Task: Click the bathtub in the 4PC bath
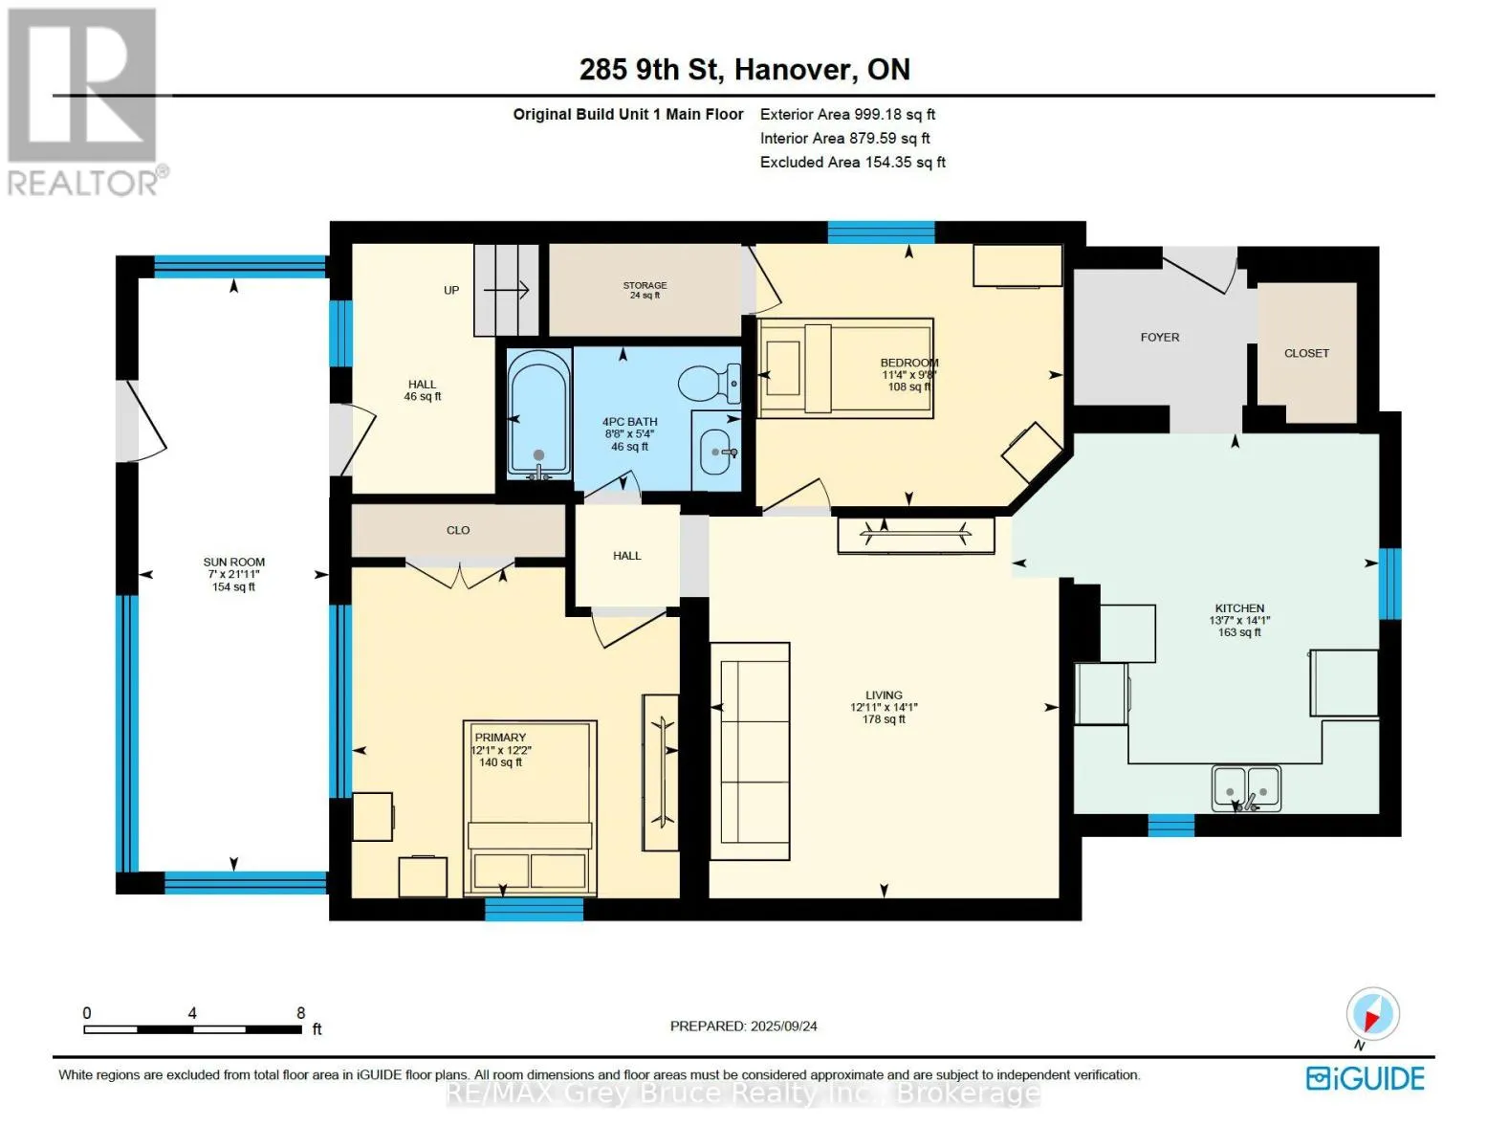pos(538,413)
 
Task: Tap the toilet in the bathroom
pos(709,383)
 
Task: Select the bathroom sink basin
pos(716,452)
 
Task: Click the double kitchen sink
pos(1245,788)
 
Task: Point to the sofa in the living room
pos(750,751)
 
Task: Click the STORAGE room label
pos(645,285)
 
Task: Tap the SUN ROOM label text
pos(233,562)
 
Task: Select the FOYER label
pos(1159,338)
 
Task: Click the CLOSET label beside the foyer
pos(1306,353)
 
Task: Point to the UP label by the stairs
pos(451,290)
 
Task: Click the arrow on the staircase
pos(507,290)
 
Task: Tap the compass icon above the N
pos(1372,1014)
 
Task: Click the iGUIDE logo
pos(1365,1079)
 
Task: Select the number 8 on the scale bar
pos(300,1012)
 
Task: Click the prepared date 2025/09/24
pos(783,1027)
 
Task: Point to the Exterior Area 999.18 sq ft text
pos(847,114)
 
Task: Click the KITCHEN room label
pos(1239,607)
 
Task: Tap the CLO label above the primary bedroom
pos(458,530)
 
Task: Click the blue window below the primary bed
pos(534,909)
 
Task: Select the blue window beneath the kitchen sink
pos(1170,825)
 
